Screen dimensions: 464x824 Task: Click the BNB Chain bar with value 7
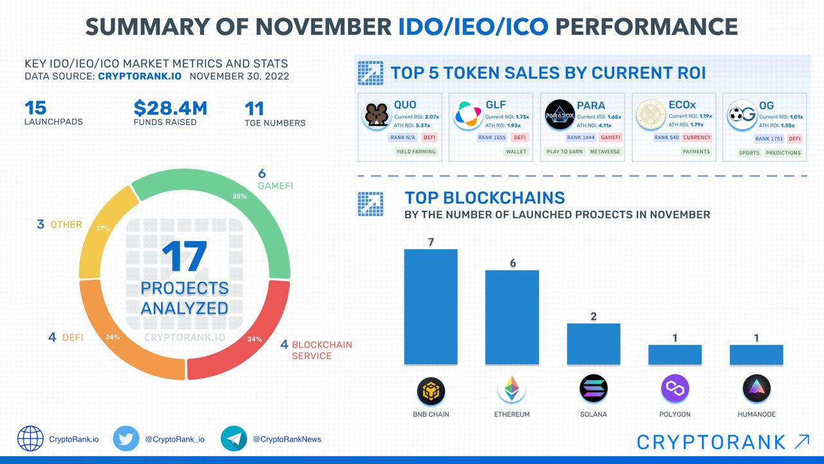pyautogui.click(x=431, y=307)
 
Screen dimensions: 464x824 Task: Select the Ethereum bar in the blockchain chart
pyautogui.click(x=512, y=317)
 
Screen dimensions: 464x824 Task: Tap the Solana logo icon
pyautogui.click(x=593, y=389)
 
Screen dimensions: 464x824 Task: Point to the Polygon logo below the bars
pyautogui.click(x=675, y=389)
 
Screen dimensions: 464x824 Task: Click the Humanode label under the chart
pyautogui.click(x=756, y=414)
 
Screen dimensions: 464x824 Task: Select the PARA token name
pyautogui.click(x=590, y=105)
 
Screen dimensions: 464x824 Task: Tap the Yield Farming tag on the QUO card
pyautogui.click(x=416, y=151)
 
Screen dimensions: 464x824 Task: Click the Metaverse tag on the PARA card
pyautogui.click(x=604, y=151)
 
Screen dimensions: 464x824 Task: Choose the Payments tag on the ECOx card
pyautogui.click(x=696, y=151)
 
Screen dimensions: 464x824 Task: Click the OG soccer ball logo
pyautogui.click(x=741, y=116)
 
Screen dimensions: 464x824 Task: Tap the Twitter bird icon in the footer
pyautogui.click(x=126, y=439)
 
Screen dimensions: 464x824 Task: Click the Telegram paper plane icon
pyautogui.click(x=234, y=439)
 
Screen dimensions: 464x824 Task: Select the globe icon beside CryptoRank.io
pyautogui.click(x=30, y=439)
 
